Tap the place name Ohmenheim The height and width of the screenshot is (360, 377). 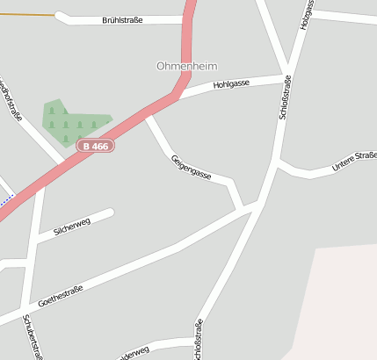[x=186, y=66]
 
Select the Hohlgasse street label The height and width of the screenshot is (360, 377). [x=231, y=84]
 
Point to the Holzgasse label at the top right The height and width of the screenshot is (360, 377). [x=307, y=14]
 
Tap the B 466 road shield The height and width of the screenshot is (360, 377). [x=94, y=146]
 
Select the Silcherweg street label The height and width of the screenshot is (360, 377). [x=72, y=227]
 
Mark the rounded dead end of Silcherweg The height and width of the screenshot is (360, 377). [x=110, y=212]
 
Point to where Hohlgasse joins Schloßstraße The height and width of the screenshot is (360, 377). [x=287, y=77]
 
